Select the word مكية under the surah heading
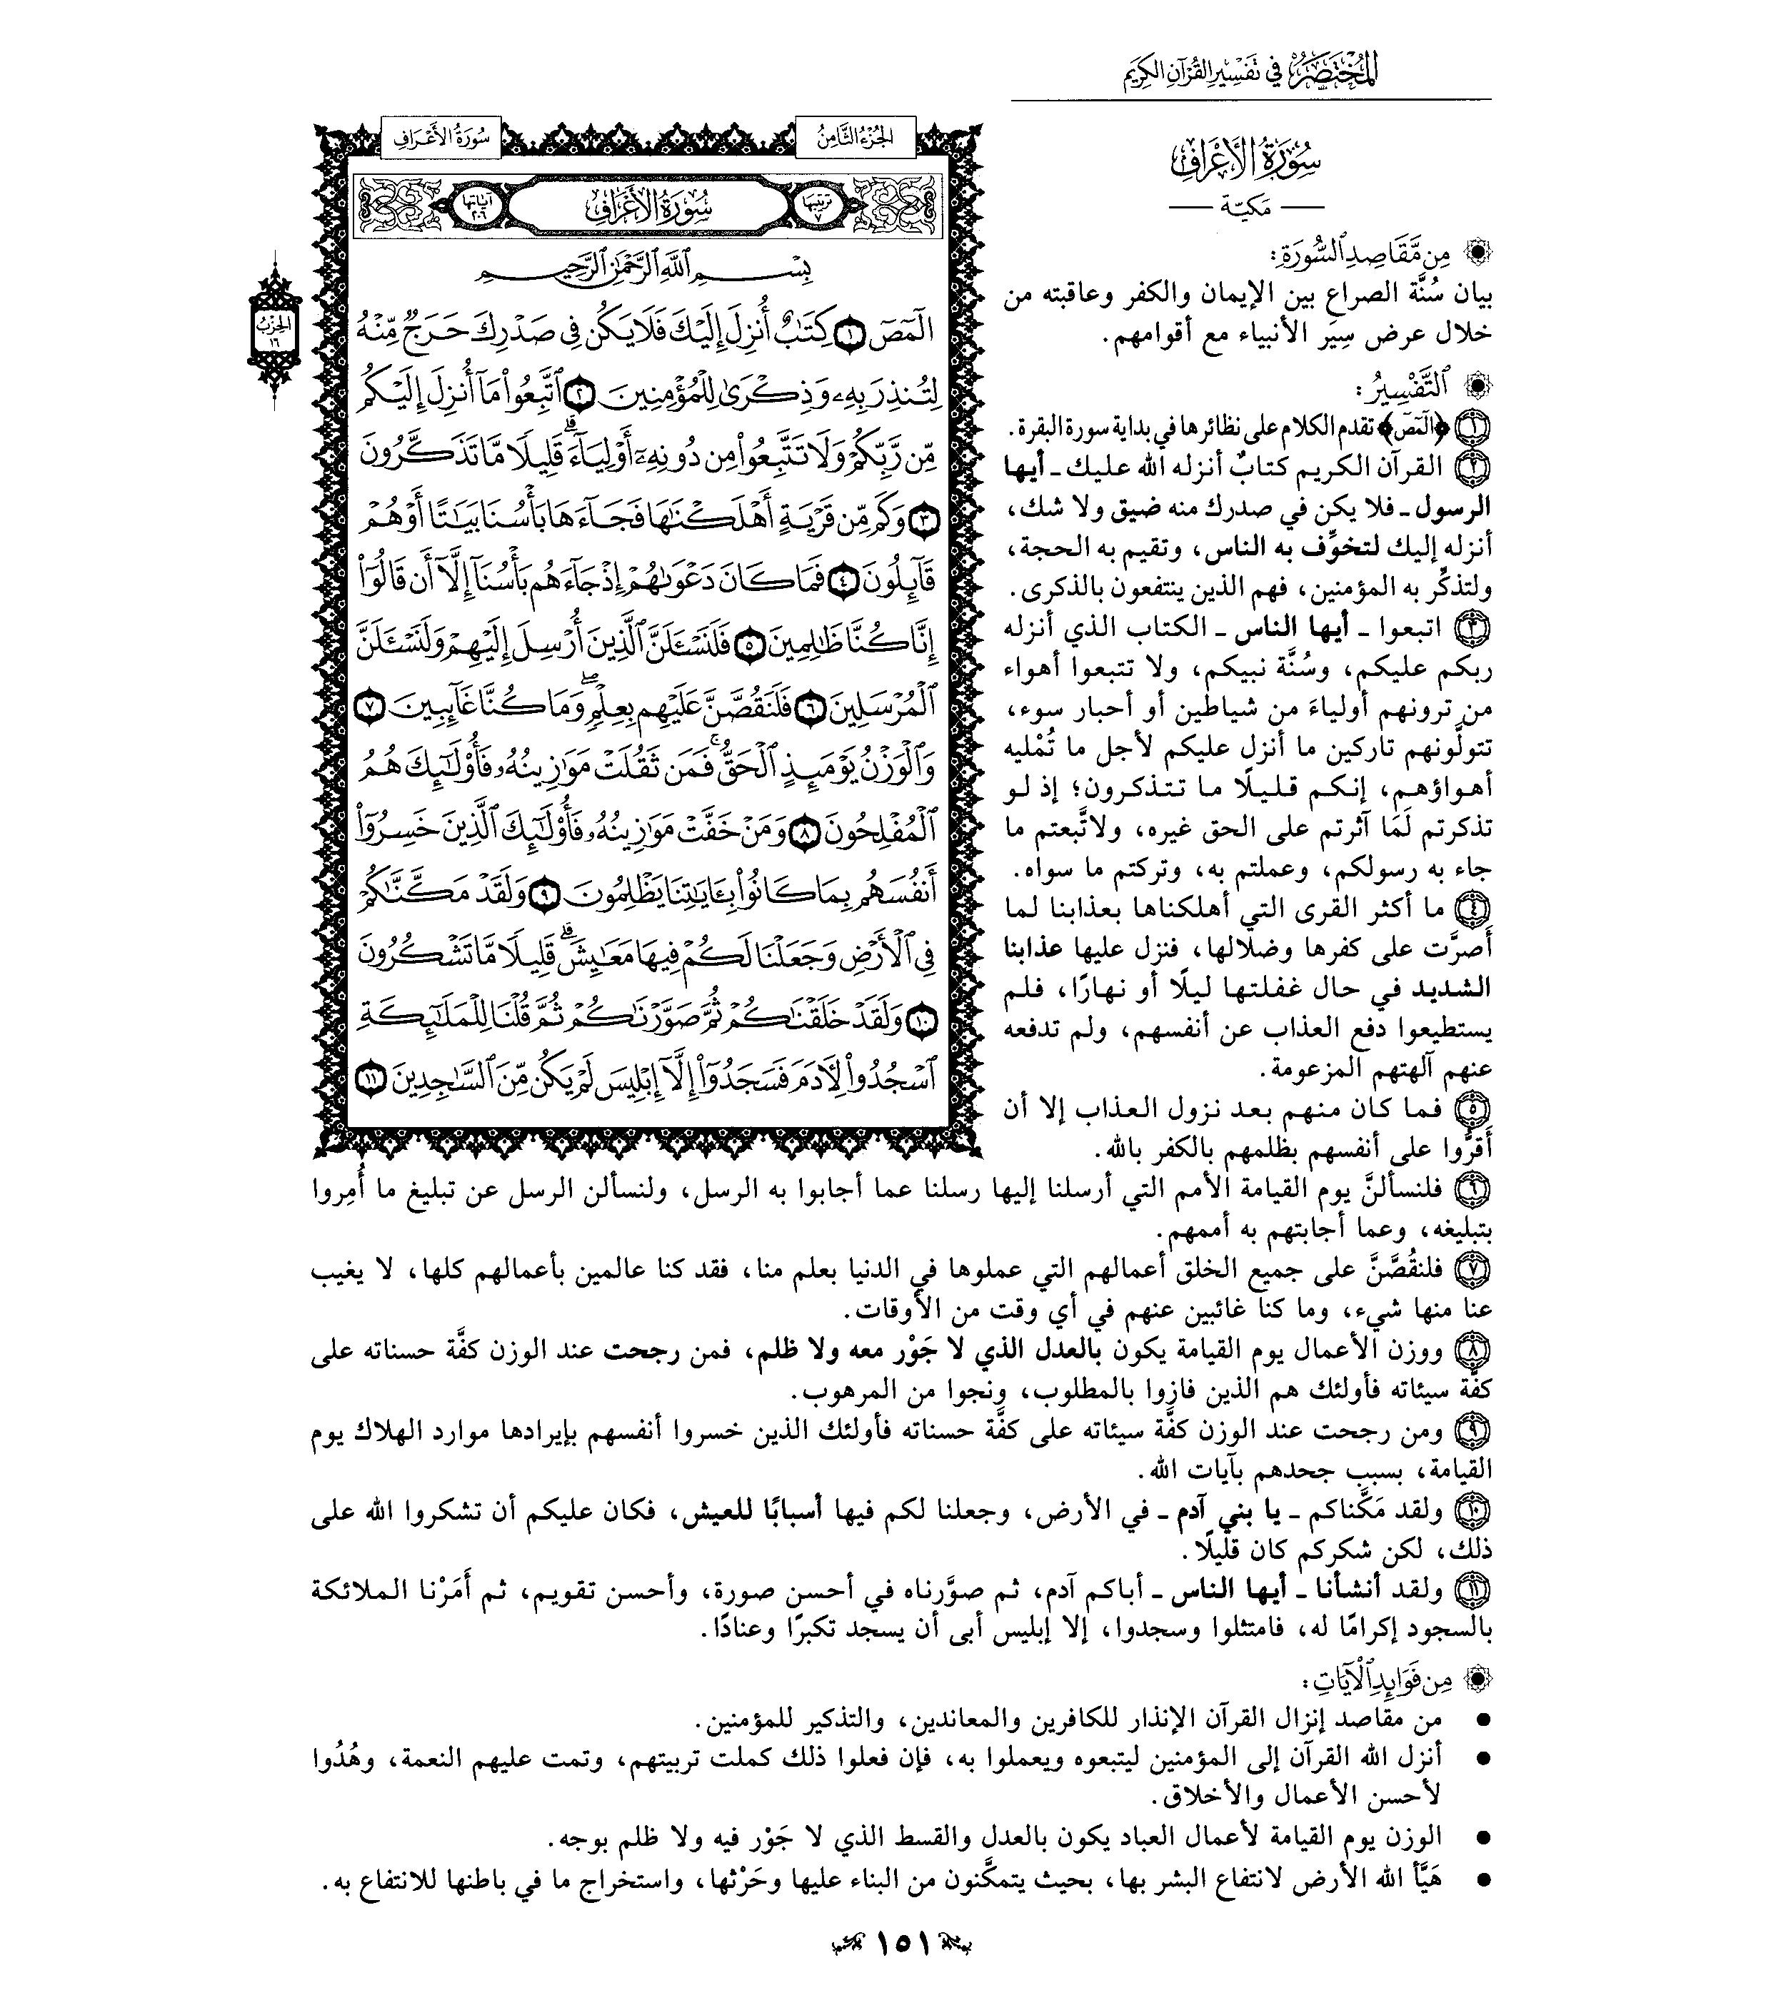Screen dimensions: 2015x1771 click(1245, 209)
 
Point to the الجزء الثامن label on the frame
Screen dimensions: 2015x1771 click(854, 139)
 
